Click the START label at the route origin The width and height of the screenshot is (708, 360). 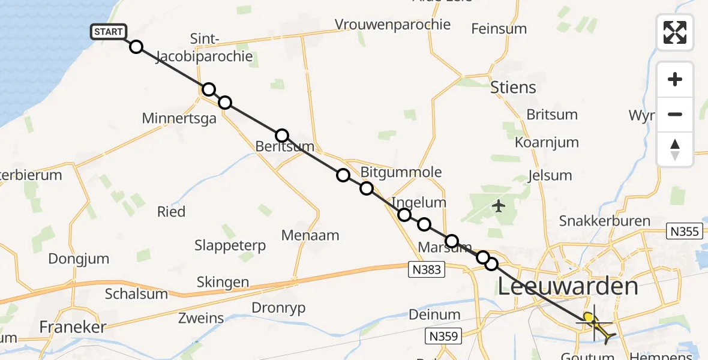[x=108, y=32]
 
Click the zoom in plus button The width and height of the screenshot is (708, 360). [x=675, y=80]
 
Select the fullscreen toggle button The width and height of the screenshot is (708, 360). [x=675, y=32]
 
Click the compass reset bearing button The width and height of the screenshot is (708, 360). [x=675, y=150]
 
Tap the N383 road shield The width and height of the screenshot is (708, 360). [x=427, y=269]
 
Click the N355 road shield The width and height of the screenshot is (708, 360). [x=684, y=231]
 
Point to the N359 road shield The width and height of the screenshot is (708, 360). [x=445, y=336]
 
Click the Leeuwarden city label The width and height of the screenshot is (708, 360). [x=568, y=286]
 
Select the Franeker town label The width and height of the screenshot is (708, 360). [x=72, y=327]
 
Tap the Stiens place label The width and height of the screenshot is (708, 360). [x=513, y=88]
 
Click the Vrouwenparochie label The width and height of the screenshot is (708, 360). [x=392, y=25]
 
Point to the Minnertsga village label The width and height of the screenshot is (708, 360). [x=179, y=118]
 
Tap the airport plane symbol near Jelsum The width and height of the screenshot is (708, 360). [x=498, y=206]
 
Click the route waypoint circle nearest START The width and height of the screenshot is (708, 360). [x=136, y=47]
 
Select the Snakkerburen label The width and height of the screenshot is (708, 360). [x=604, y=221]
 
